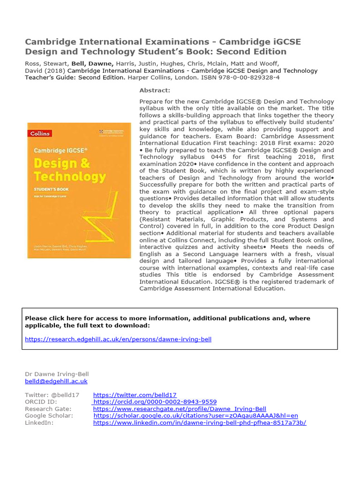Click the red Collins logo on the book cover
pos(40,134)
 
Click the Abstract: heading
pos(155,90)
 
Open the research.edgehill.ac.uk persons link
pos(118,339)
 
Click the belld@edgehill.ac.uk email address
pos(56,382)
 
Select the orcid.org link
pos(155,402)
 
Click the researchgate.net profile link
pos(180,409)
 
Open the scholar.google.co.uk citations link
pos(195,415)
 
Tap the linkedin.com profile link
pos(200,422)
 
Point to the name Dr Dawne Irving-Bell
pos(56,374)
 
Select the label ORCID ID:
pos(40,402)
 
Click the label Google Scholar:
pos(49,415)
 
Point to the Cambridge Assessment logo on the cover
pos(113,133)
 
